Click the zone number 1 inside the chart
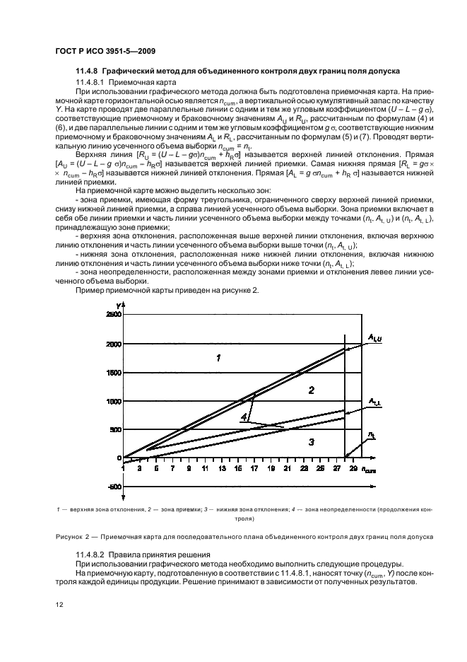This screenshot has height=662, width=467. coord(218,359)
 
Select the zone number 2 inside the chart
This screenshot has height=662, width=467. coord(310,390)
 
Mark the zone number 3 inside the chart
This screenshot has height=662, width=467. coord(311,441)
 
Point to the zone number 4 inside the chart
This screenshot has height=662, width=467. coord(244,418)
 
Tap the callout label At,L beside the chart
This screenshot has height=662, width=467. coord(374,402)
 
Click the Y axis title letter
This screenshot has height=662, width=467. coord(119,305)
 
